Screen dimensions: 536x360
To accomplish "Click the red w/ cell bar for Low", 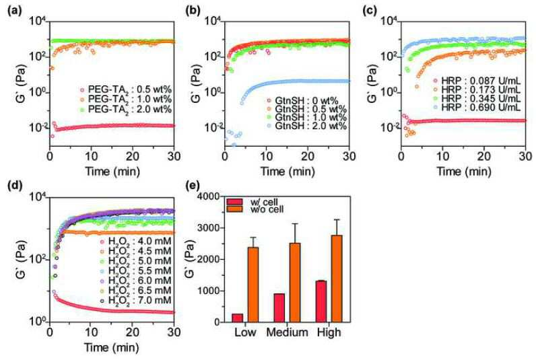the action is [237, 318].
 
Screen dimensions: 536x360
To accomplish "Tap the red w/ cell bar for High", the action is [321, 301].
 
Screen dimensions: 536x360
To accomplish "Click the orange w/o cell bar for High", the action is [337, 279].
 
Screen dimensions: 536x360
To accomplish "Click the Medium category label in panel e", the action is [287, 332].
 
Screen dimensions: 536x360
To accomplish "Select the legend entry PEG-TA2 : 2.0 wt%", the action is [125, 109].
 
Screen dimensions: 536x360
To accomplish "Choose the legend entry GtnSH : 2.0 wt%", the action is [306, 126].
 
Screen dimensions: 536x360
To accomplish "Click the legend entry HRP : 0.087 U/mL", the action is [477, 81].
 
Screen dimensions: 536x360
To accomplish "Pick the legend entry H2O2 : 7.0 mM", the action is [135, 300].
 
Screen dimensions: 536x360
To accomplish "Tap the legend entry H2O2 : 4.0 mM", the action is [135, 242].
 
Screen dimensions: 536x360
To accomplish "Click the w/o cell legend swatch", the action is [234, 209].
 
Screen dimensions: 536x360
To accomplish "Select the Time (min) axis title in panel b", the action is [287, 171].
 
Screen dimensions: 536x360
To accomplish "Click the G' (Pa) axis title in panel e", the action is [193, 260].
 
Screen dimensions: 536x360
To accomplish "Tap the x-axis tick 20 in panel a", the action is [133, 156].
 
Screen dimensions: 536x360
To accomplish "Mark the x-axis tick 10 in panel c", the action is [442, 156].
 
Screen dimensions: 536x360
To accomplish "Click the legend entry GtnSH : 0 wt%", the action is [302, 101].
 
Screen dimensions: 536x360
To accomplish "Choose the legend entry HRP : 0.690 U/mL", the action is [477, 107].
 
